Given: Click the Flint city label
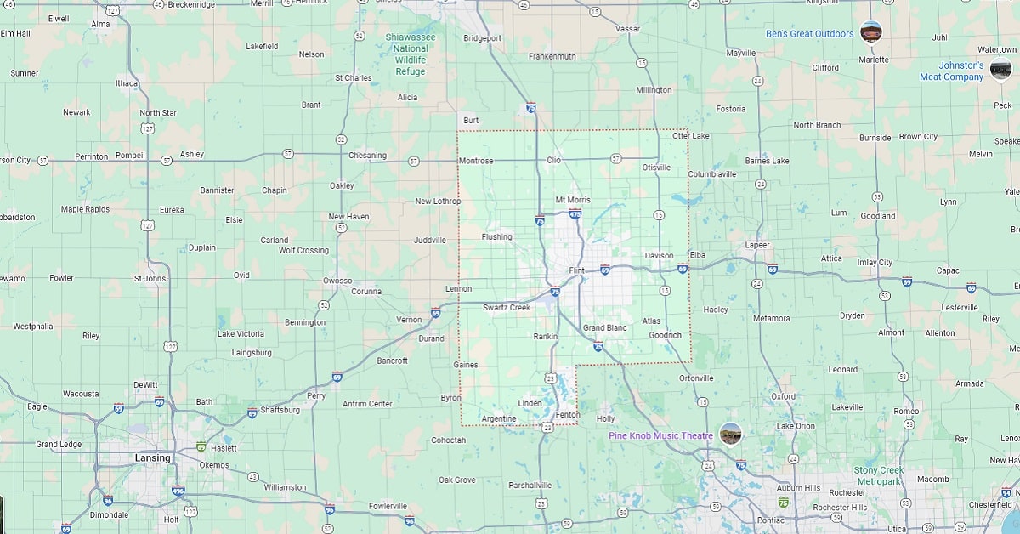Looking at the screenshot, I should (577, 270).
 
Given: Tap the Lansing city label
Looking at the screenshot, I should (153, 458).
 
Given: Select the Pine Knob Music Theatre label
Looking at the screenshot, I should (660, 435).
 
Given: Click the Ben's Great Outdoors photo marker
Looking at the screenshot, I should (870, 31).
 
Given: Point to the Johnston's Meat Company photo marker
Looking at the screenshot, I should (1000, 70).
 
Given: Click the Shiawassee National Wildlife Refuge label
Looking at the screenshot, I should (411, 54).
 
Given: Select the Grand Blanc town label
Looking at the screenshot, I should (604, 328).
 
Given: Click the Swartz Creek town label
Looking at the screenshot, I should (507, 308).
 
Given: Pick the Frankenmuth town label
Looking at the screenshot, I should (552, 56).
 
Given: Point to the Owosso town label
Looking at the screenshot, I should (337, 281).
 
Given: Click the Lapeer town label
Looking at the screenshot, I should (756, 245).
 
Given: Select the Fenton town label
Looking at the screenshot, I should (567, 415).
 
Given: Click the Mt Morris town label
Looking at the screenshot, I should (572, 200).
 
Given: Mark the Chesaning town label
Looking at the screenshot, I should (367, 156).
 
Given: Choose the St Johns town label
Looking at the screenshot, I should (150, 278).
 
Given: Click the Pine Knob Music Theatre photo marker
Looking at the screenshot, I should (730, 434).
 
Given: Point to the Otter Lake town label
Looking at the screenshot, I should (690, 136).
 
